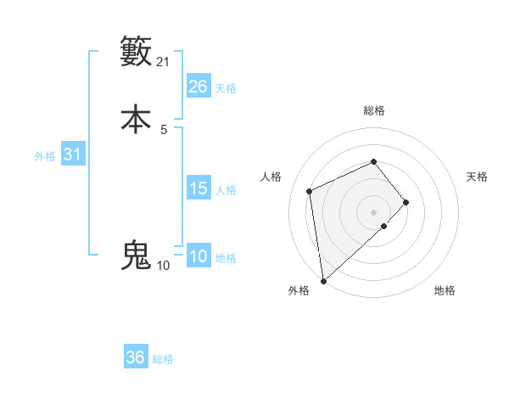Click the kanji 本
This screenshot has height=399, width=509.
(x=136, y=119)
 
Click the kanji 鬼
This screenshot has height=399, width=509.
(x=136, y=255)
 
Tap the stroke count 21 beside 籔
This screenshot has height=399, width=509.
(x=164, y=62)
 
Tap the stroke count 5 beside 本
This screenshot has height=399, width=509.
(x=164, y=129)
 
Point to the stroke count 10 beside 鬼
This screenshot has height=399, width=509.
(x=163, y=266)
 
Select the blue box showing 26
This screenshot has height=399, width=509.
(x=199, y=87)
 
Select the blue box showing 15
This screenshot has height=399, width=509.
(x=199, y=188)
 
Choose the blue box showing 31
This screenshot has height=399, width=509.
(x=72, y=155)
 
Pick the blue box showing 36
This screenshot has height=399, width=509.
(x=136, y=358)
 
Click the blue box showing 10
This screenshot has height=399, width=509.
(x=199, y=257)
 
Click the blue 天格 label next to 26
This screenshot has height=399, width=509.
(x=226, y=87)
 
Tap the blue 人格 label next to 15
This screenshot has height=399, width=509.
(x=226, y=189)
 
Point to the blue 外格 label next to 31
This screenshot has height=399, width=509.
(x=45, y=156)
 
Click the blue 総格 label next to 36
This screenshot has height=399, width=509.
(x=163, y=359)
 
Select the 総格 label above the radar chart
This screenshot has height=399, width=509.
(x=373, y=110)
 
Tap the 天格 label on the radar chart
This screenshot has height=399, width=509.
(x=477, y=177)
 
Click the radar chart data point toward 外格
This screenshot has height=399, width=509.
(x=322, y=280)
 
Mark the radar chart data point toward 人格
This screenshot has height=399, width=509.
(x=310, y=191)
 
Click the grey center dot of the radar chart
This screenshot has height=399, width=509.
(x=373, y=211)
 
